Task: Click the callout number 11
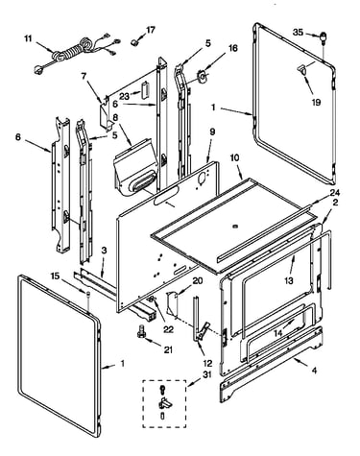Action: click(28, 38)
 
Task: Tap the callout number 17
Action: click(151, 30)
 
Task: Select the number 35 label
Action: click(298, 32)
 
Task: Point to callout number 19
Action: click(316, 102)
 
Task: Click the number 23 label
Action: click(124, 96)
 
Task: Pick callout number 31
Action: click(207, 374)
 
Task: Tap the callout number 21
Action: click(168, 349)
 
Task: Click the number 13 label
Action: click(289, 280)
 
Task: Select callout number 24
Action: click(335, 193)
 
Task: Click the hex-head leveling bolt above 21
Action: click(141, 330)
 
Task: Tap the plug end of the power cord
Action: click(39, 69)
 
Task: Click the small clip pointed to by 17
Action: click(135, 42)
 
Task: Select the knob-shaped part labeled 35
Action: click(324, 37)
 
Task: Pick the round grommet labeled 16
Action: click(202, 76)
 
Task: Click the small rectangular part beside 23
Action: click(146, 89)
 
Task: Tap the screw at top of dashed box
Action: click(163, 390)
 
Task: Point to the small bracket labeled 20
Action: click(172, 304)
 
